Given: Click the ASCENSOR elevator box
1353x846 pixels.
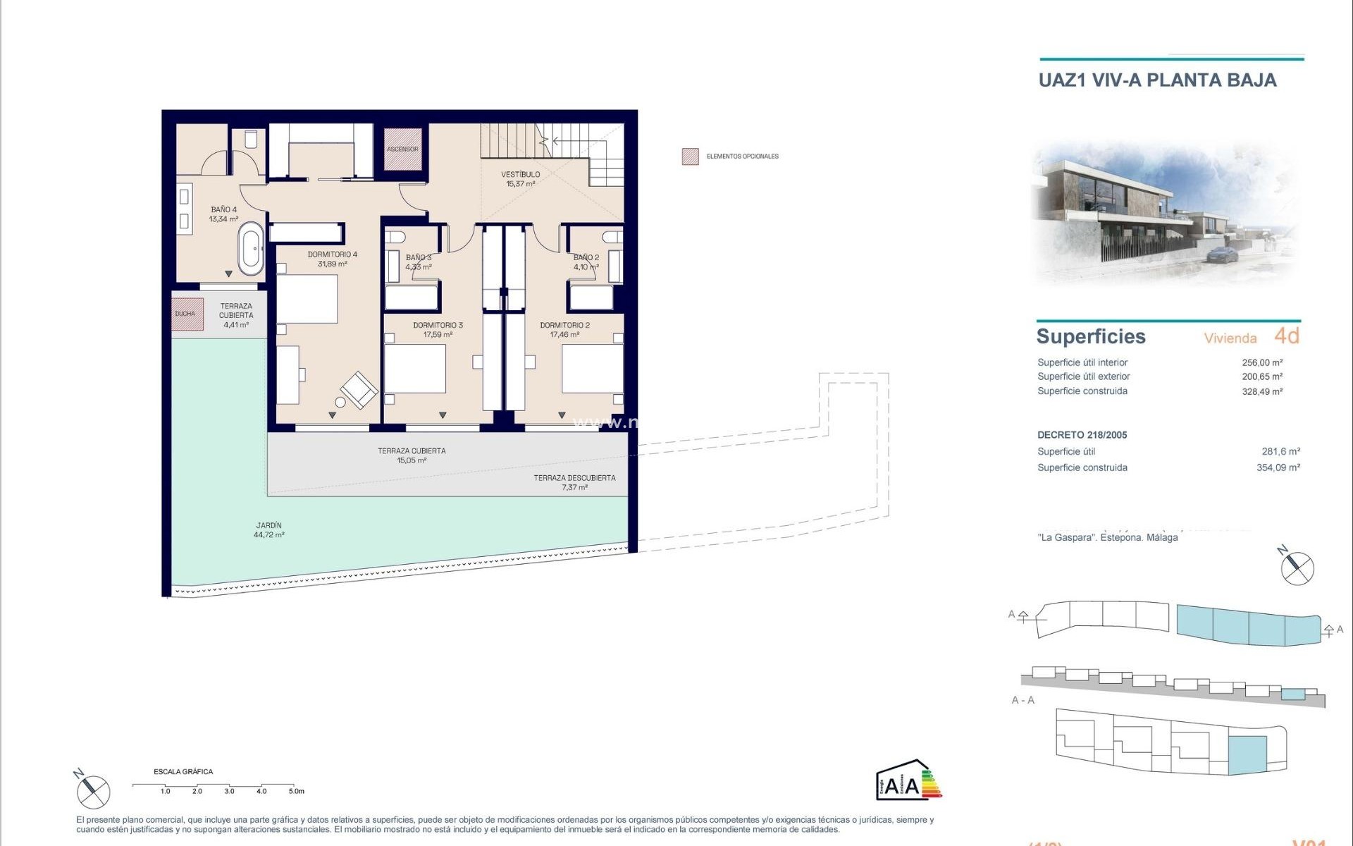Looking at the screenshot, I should click(x=402, y=149).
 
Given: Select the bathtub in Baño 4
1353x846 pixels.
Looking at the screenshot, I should click(x=251, y=248).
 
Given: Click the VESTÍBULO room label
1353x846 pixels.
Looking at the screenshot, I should click(x=520, y=179).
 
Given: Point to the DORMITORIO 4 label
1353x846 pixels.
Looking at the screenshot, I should click(x=332, y=259).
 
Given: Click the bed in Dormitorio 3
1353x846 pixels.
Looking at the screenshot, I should click(x=415, y=368).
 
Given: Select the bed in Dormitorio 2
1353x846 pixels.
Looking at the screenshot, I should click(x=592, y=368).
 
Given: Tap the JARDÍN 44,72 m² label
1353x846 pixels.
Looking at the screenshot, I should click(x=268, y=530).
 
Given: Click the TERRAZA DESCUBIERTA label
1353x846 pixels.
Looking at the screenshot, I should click(x=574, y=482).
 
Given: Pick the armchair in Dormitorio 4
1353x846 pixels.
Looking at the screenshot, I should click(x=359, y=389).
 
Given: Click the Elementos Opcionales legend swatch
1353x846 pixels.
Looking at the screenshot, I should click(x=690, y=157).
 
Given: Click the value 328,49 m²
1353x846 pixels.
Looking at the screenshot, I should click(x=1261, y=392).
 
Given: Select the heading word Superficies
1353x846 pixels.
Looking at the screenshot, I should click(x=1090, y=336).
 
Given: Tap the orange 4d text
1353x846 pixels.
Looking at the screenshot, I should click(x=1286, y=336).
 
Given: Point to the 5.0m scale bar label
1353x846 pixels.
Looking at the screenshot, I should click(x=296, y=791).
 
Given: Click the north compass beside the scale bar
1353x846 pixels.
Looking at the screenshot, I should click(x=94, y=791).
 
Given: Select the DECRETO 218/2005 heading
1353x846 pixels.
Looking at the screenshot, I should click(x=1082, y=435).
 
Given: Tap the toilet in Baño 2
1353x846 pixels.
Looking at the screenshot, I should click(x=613, y=238).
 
